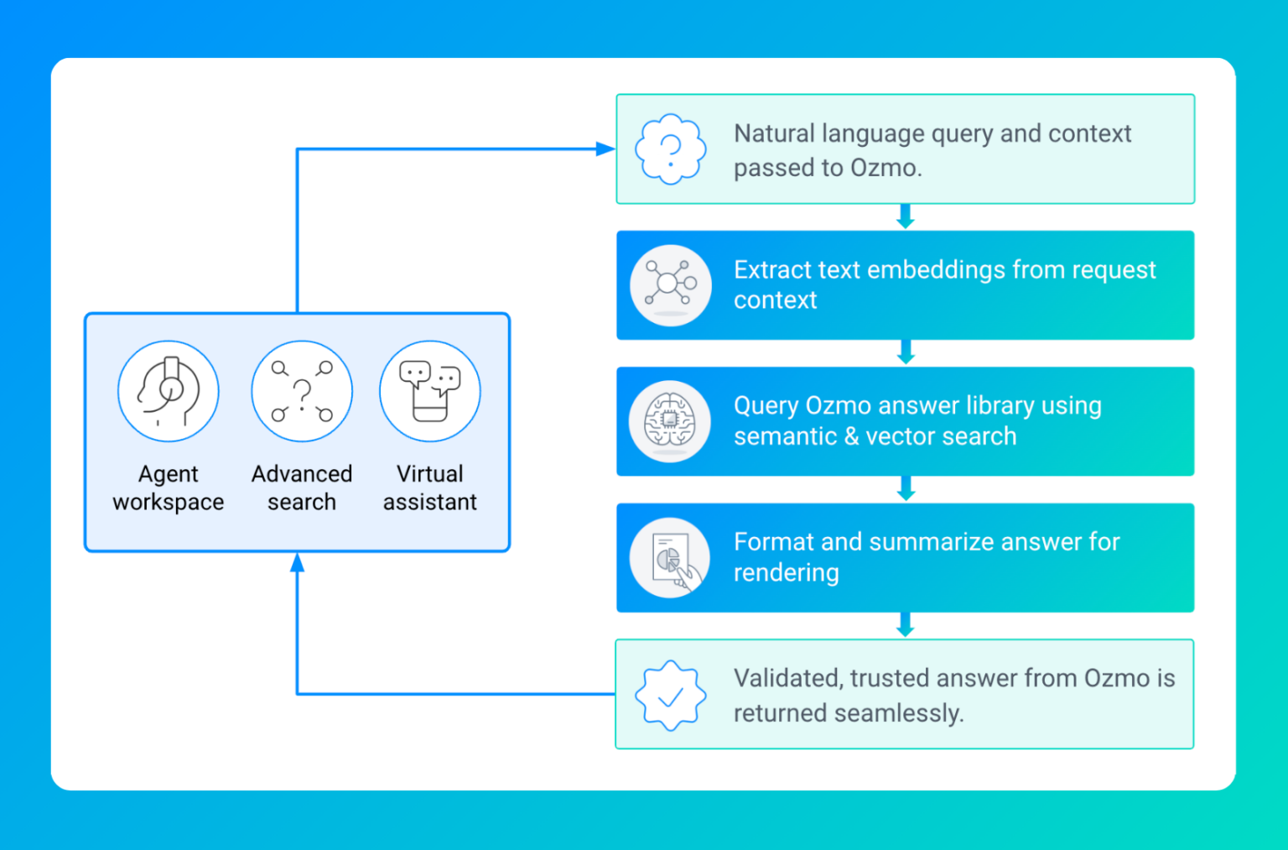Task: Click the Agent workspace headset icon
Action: point(169,391)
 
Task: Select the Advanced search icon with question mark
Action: point(302,391)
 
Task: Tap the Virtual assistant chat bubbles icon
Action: point(430,391)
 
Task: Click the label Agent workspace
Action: point(169,488)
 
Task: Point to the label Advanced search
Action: point(302,488)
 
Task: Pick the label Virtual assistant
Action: point(430,488)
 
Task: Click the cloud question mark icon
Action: point(670,149)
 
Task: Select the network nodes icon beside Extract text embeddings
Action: point(670,284)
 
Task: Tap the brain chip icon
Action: point(670,420)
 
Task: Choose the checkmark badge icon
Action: point(670,695)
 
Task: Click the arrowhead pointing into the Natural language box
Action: point(605,149)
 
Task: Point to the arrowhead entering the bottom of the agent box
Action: point(297,563)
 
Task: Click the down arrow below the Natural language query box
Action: point(905,217)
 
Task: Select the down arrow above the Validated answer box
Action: point(905,626)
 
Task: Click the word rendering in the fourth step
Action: point(786,573)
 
